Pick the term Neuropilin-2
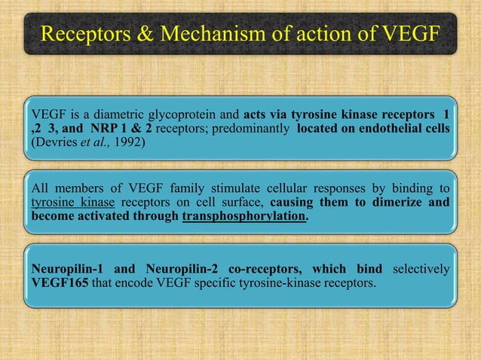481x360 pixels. point(172,270)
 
